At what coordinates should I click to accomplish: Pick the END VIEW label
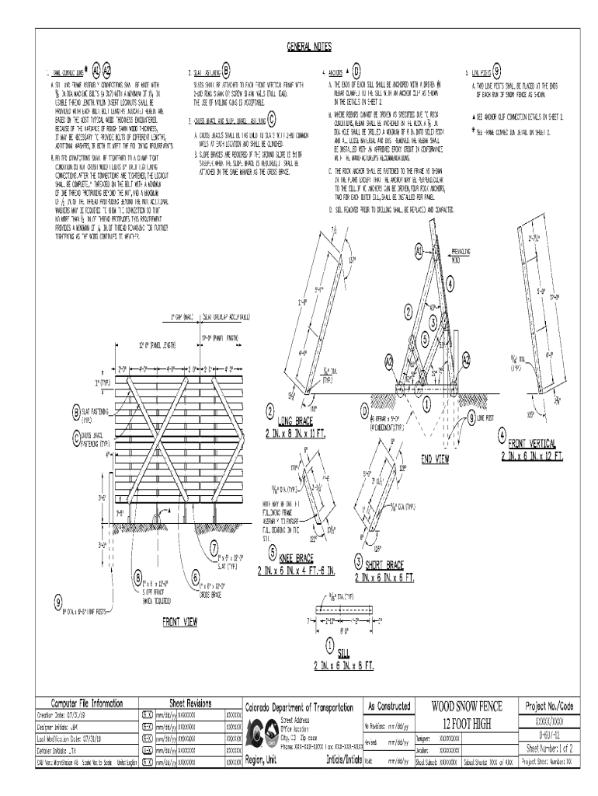tap(436, 459)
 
